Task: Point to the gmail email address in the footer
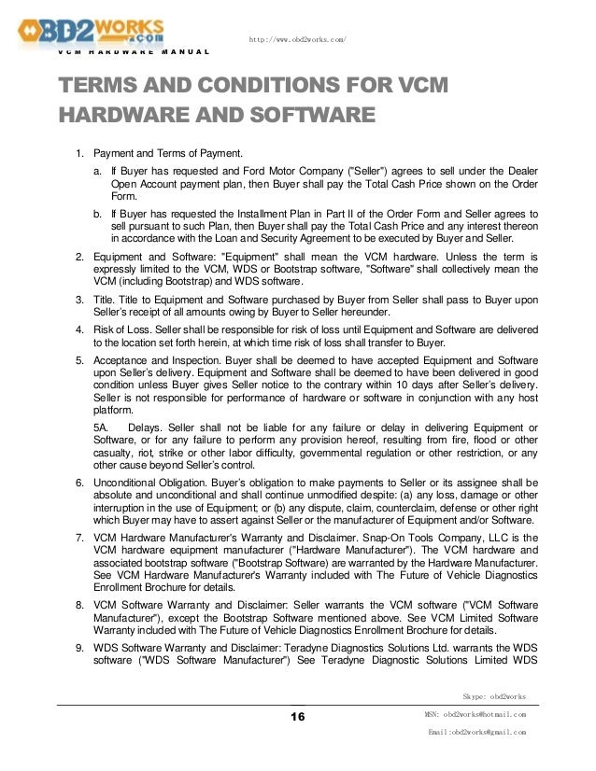(x=475, y=733)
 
